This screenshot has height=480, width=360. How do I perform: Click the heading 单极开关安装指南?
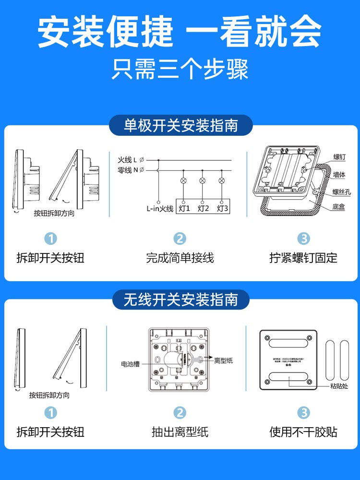tap(180, 126)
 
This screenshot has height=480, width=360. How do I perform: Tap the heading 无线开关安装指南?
tap(180, 300)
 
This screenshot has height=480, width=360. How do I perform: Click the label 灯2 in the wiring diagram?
tap(203, 208)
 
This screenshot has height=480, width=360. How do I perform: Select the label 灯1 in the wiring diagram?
tap(184, 208)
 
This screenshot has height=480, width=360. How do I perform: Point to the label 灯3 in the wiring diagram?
tap(222, 208)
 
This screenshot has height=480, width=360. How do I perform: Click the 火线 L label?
tap(127, 159)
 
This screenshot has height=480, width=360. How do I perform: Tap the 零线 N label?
tap(127, 170)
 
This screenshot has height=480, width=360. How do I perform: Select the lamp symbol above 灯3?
tap(221, 181)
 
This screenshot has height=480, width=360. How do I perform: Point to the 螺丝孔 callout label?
tap(342, 192)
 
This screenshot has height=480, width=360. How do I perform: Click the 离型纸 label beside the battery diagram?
tap(223, 360)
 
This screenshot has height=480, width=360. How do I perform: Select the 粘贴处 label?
tap(339, 386)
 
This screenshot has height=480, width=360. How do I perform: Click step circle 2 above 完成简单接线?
tap(180, 239)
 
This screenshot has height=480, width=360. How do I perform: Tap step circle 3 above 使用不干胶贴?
tap(303, 412)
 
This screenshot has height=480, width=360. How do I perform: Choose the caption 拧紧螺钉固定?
tap(303, 258)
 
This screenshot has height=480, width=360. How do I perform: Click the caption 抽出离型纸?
tap(180, 432)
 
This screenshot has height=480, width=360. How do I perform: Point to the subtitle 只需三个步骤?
tap(180, 70)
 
